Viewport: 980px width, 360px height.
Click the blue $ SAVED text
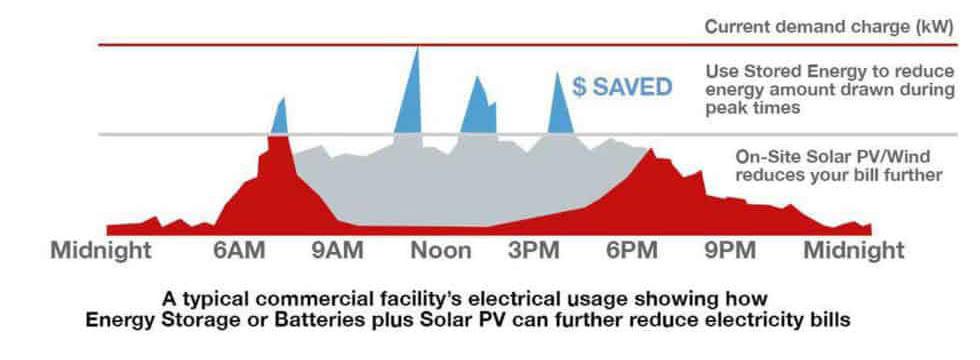(x=622, y=87)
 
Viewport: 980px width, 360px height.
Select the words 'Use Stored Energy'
(x=778, y=72)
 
